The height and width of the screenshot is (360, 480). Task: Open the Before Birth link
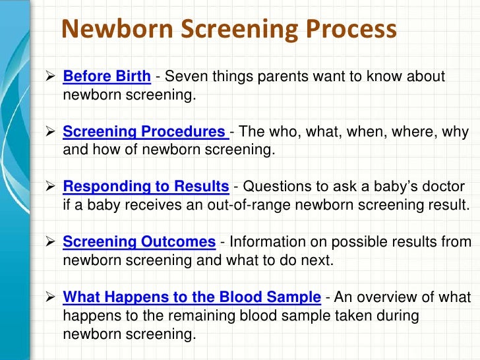point(107,76)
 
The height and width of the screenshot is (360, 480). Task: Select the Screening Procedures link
point(145,132)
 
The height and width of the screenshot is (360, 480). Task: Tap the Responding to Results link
point(146,187)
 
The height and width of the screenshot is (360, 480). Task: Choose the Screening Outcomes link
point(139,241)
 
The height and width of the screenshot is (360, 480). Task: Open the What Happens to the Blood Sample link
point(192,297)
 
